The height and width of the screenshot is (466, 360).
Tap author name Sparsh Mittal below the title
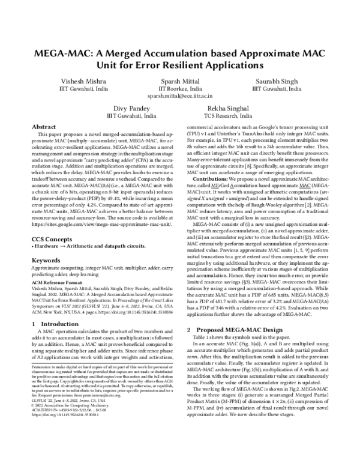coord(179,80)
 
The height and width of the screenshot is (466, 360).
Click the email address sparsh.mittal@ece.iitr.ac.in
coord(179,95)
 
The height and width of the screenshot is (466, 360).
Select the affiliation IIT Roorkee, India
coord(179,88)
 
